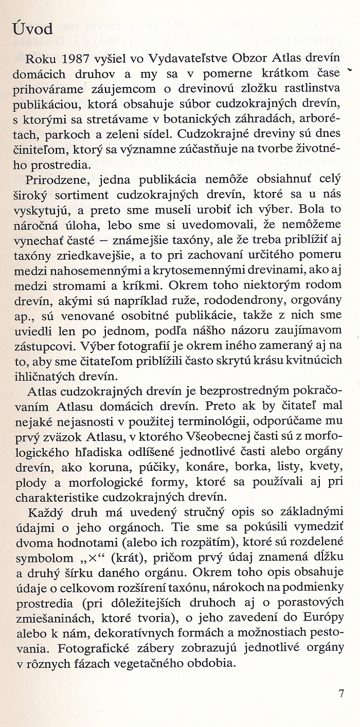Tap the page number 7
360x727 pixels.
tap(341, 693)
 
